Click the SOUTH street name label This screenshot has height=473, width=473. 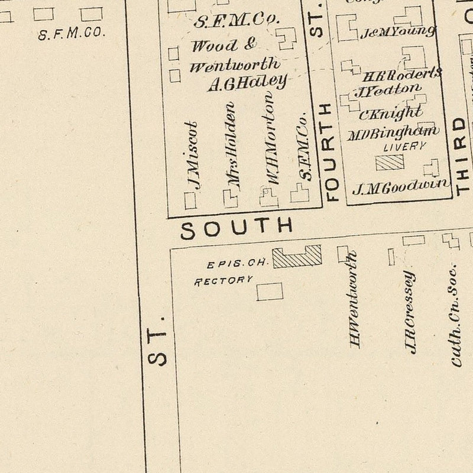click(237, 228)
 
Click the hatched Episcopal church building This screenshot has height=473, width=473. click(297, 257)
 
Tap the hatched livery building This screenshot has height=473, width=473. click(390, 162)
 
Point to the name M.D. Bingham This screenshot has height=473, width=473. click(393, 132)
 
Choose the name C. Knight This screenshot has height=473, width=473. click(390, 112)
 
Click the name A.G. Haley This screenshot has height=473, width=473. click(247, 83)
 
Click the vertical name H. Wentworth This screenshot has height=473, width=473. click(355, 300)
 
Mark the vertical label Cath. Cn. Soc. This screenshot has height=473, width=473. click(455, 316)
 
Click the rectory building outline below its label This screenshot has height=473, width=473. click(270, 291)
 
